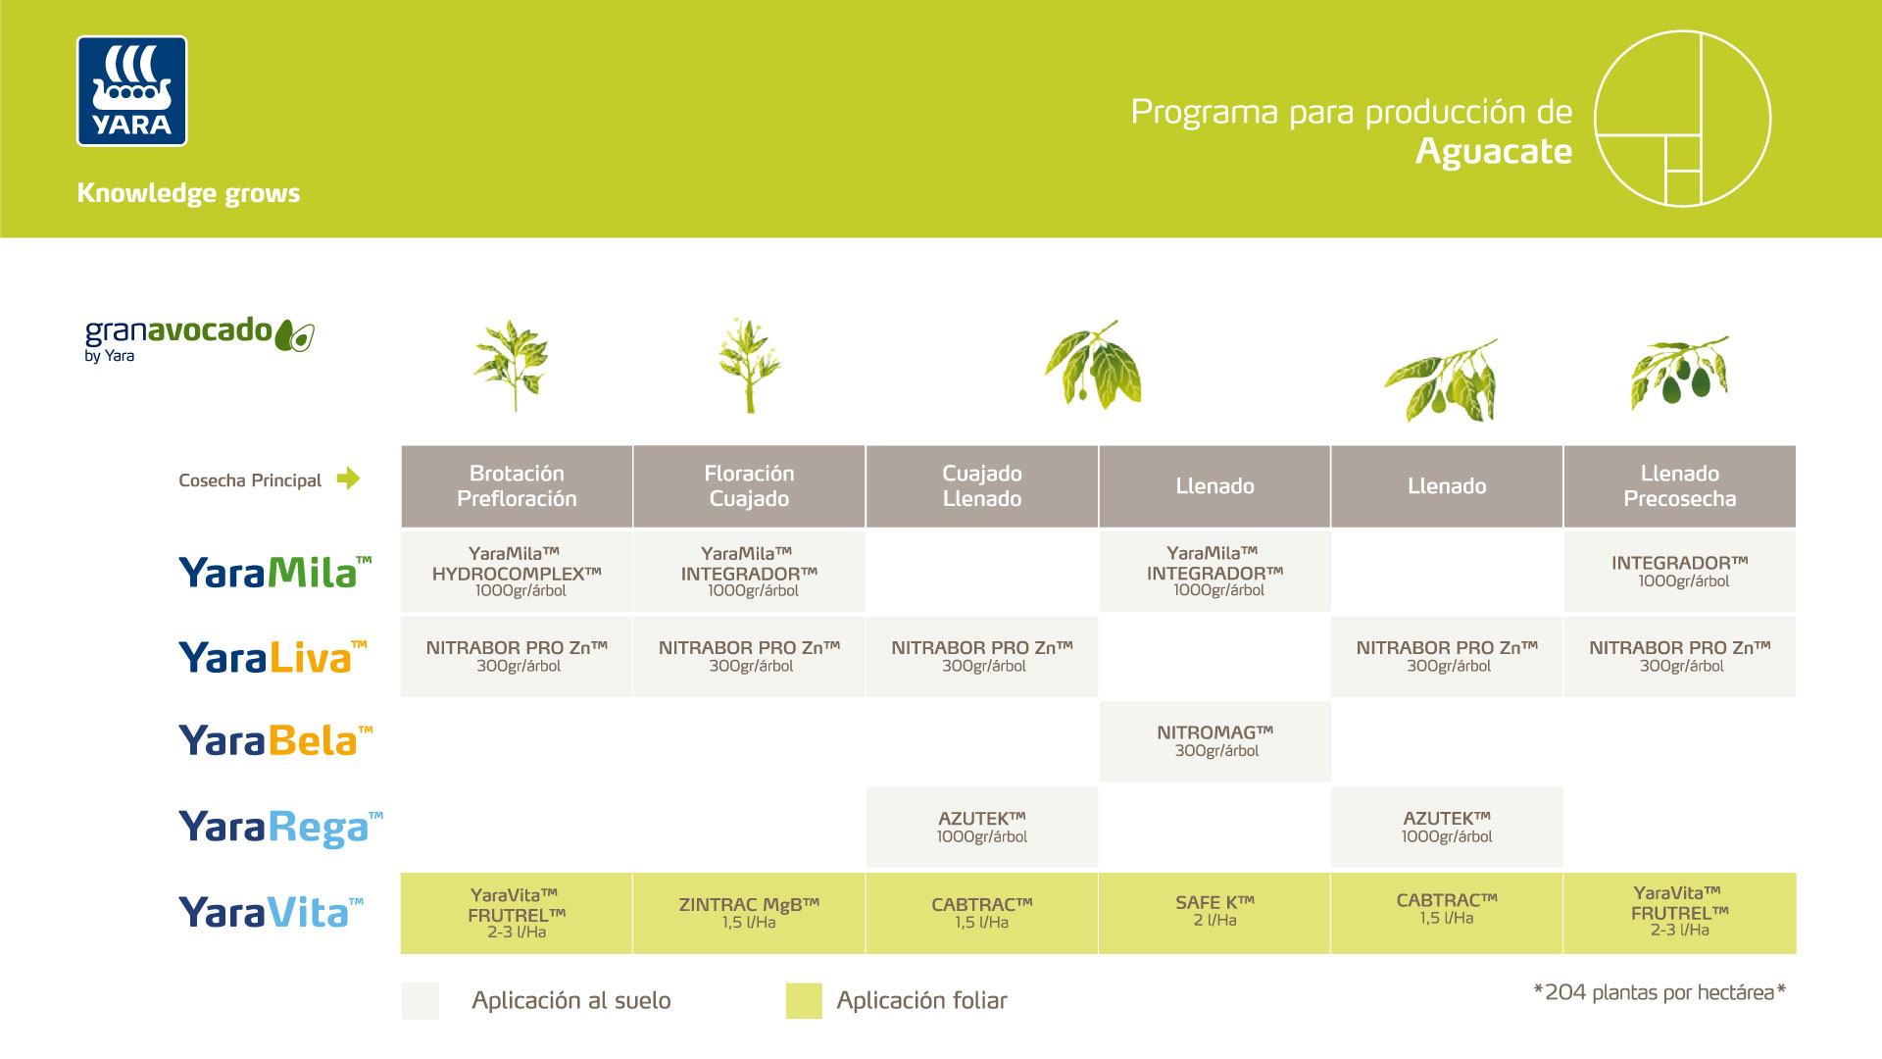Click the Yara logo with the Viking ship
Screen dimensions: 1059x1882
[x=131, y=91]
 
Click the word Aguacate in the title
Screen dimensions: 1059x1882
[x=1493, y=152]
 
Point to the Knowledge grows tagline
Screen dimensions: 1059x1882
[x=188, y=193]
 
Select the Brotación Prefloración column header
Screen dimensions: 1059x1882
[x=517, y=486]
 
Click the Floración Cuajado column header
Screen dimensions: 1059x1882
[x=749, y=486]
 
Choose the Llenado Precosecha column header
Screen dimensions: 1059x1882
[x=1679, y=486]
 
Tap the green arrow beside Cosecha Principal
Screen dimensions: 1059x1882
[x=348, y=479]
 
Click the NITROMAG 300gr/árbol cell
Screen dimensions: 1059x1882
[x=1214, y=741]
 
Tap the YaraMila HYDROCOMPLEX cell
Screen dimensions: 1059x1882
[x=517, y=571]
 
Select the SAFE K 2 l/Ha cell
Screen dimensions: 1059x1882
[x=1214, y=912]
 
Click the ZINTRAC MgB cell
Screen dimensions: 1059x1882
[x=749, y=912]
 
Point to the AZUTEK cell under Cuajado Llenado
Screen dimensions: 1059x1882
[x=981, y=827]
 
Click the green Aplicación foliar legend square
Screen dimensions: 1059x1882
[x=804, y=1001]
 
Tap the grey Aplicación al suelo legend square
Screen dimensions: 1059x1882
[x=420, y=1001]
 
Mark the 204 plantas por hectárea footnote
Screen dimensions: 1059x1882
[x=1659, y=992]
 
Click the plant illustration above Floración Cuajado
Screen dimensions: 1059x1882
[x=749, y=365]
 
